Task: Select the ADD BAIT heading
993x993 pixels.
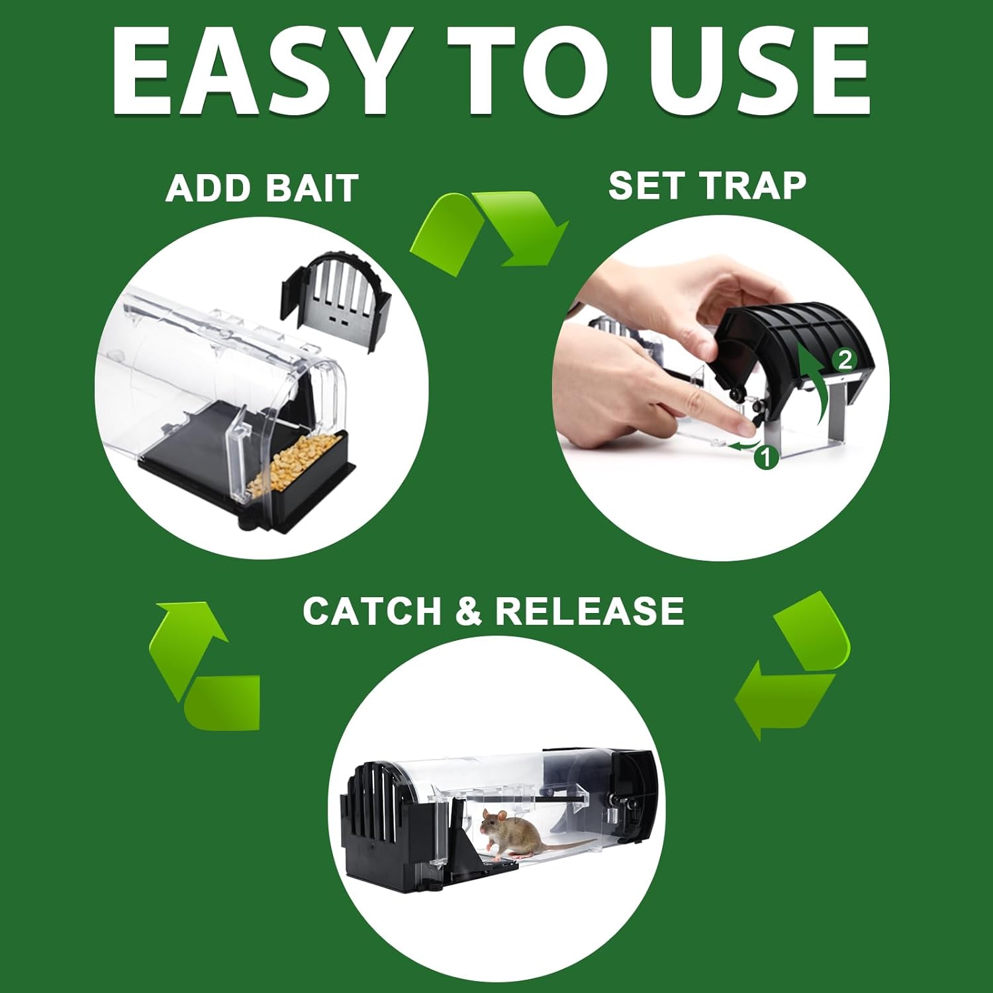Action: tap(262, 188)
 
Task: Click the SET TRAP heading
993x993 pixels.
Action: tap(707, 185)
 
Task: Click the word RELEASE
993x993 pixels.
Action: tap(590, 610)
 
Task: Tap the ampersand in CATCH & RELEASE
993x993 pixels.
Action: tap(469, 610)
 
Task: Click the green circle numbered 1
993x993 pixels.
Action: tap(766, 457)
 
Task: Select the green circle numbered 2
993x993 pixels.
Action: tap(845, 360)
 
